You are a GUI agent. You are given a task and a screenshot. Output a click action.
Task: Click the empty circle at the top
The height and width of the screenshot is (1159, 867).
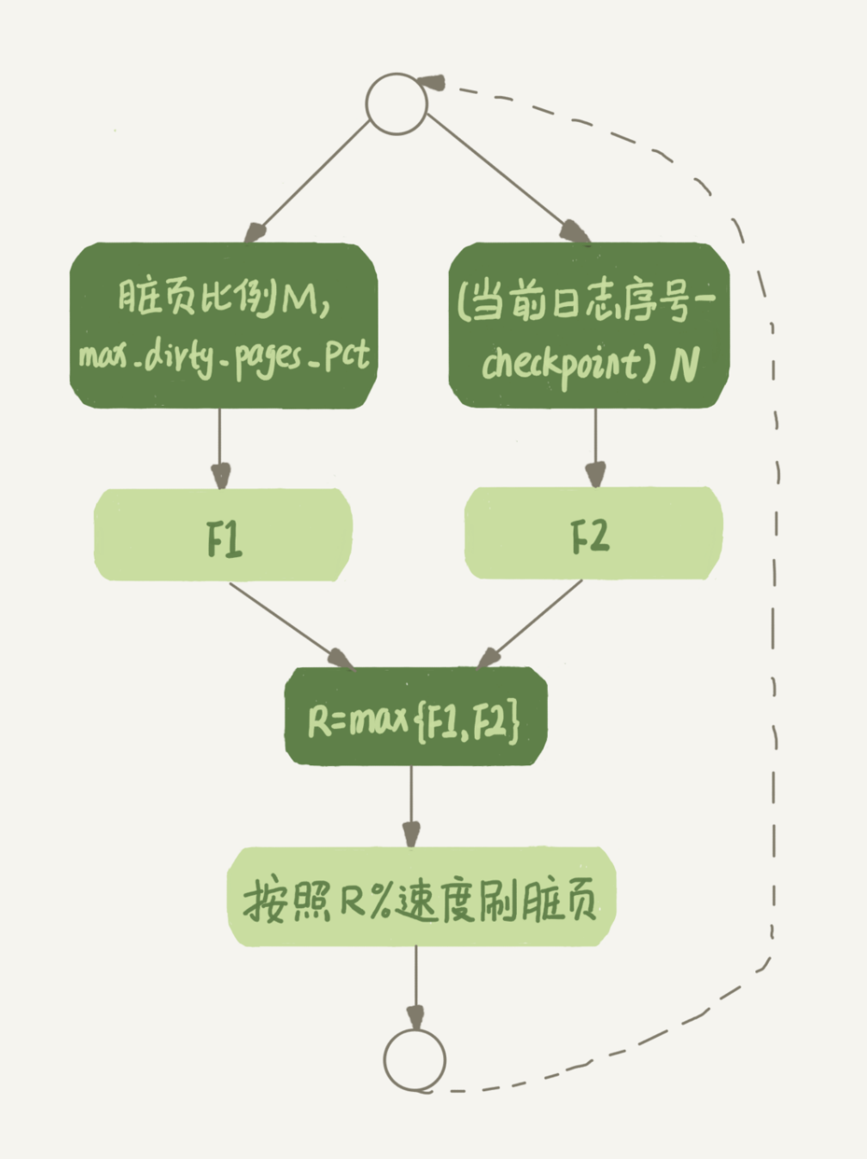pyautogui.click(x=397, y=103)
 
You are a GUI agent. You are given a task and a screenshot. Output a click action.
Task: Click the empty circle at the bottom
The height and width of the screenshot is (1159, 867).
pyautogui.click(x=415, y=1059)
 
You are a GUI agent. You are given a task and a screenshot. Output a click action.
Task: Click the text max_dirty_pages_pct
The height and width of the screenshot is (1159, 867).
pyautogui.click(x=224, y=354)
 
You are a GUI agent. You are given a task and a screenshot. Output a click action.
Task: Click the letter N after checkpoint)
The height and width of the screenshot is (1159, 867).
pyautogui.click(x=684, y=365)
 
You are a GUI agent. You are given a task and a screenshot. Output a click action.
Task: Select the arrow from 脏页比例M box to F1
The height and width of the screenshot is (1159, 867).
pyautogui.click(x=220, y=447)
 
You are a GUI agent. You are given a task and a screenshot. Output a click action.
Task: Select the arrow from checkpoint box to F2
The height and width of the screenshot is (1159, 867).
pyautogui.click(x=595, y=447)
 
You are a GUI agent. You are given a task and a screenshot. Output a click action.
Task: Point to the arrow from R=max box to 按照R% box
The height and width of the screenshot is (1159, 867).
pyautogui.click(x=411, y=805)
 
